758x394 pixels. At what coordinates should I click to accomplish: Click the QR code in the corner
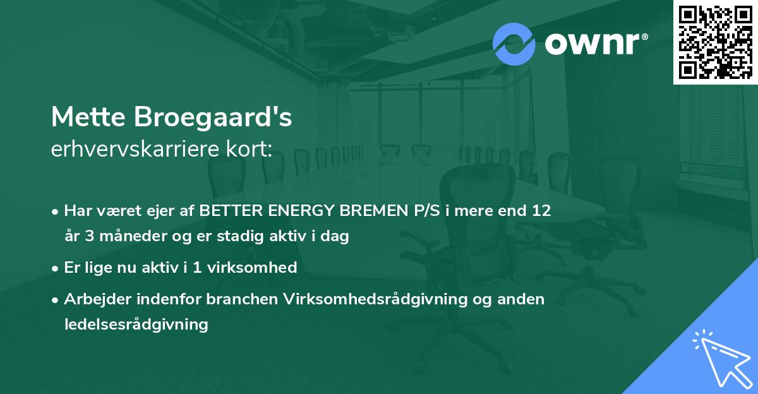pos(715,42)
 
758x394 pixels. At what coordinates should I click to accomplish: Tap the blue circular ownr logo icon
pos(514,44)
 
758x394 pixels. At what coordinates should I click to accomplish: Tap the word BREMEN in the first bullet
pos(366,211)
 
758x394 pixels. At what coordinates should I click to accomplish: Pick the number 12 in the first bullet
pos(541,211)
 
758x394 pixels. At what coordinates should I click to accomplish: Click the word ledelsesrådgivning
pos(136,325)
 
